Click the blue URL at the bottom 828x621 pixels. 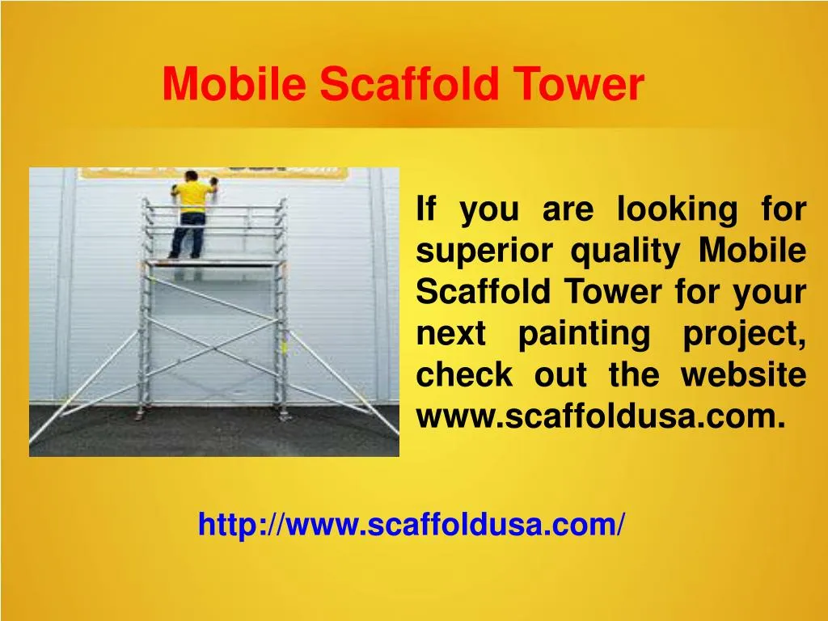point(411,525)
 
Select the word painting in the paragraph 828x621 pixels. point(583,334)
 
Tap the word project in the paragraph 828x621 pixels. point(743,334)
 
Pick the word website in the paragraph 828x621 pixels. point(743,375)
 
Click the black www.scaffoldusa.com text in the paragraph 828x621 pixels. point(600,416)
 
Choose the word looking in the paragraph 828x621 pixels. point(677,210)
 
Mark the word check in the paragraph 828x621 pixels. point(464,375)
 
